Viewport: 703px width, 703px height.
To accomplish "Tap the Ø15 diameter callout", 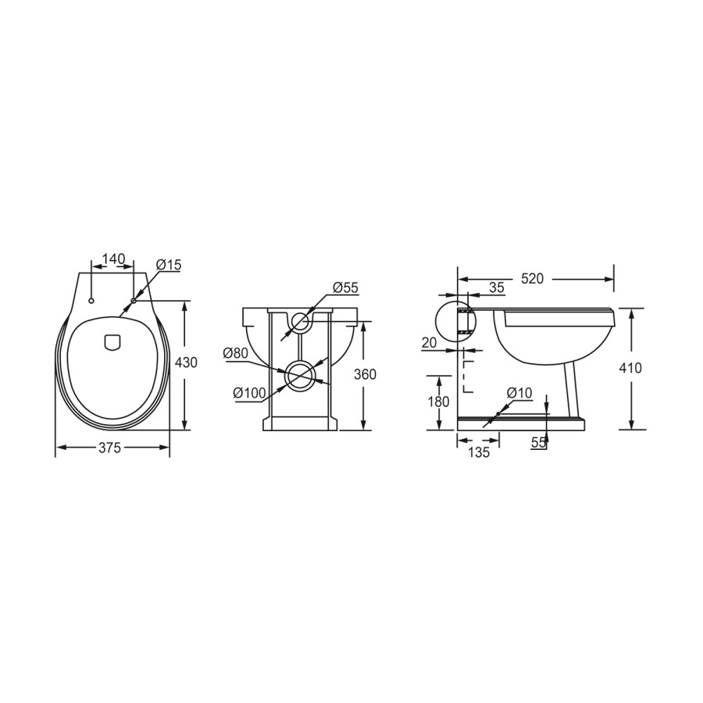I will (168, 266).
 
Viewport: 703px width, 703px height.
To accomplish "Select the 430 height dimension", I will (185, 362).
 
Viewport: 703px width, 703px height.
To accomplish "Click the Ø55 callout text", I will (344, 288).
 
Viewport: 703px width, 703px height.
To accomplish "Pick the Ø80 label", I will (235, 353).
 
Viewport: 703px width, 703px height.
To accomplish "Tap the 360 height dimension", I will (365, 375).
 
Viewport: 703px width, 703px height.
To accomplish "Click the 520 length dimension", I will (532, 279).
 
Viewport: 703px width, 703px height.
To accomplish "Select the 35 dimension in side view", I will (497, 287).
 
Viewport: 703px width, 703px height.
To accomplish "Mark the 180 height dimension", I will (439, 401).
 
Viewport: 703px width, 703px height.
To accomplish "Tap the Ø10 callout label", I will (519, 393).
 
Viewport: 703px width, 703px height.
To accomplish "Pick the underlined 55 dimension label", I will (538, 442).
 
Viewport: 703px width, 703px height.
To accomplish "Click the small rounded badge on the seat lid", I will (112, 341).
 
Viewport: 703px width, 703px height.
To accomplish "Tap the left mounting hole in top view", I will (92, 301).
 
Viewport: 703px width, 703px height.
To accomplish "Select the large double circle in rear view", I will (300, 376).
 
